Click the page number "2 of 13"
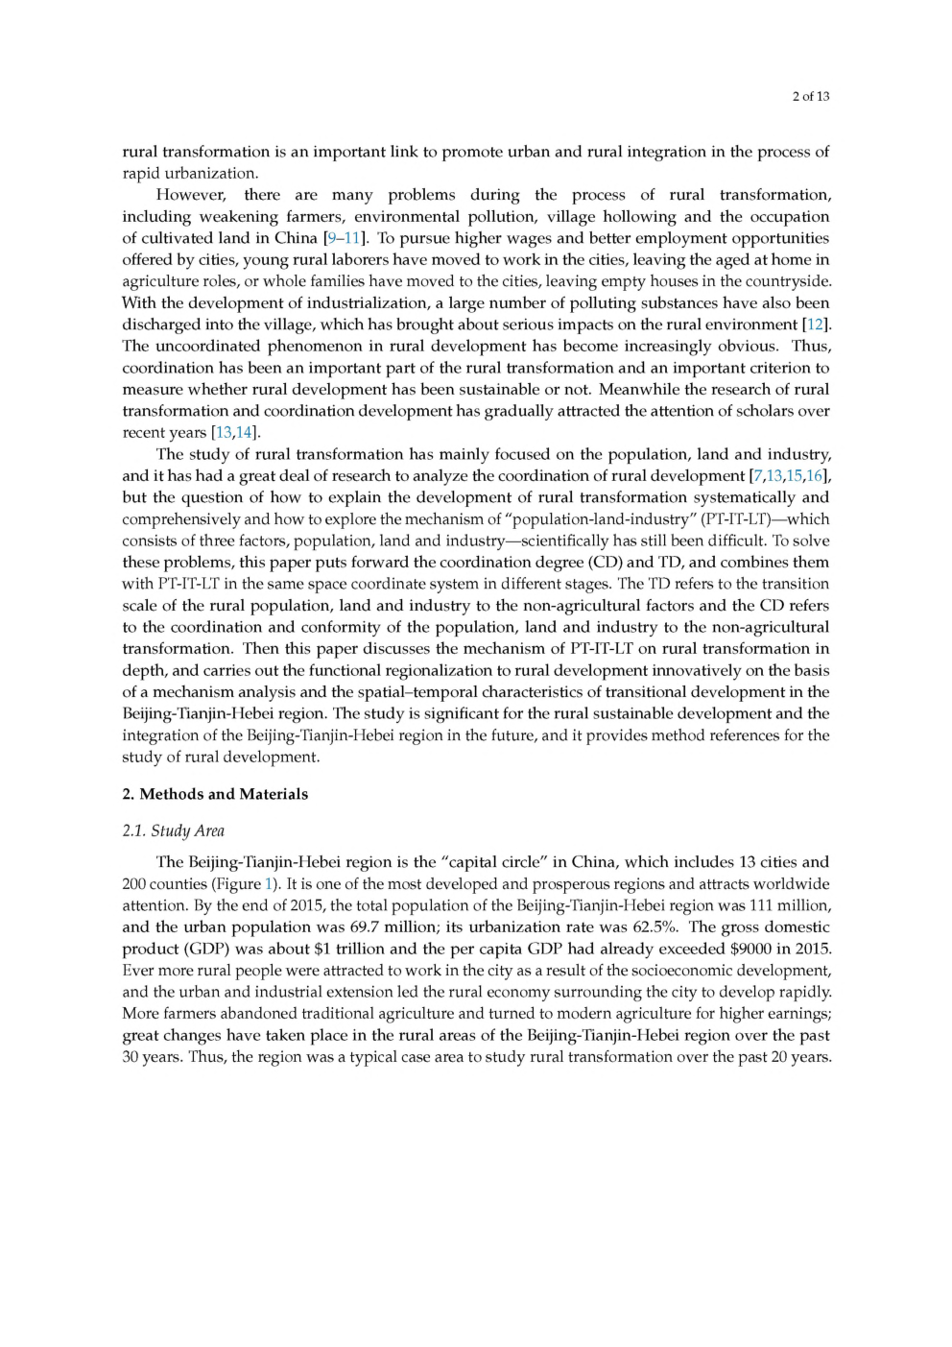pos(811,96)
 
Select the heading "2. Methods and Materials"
pos(215,794)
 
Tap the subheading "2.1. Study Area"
pos(173,831)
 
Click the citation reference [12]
pos(816,325)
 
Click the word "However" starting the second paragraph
pos(191,195)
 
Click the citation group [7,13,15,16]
pos(789,476)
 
